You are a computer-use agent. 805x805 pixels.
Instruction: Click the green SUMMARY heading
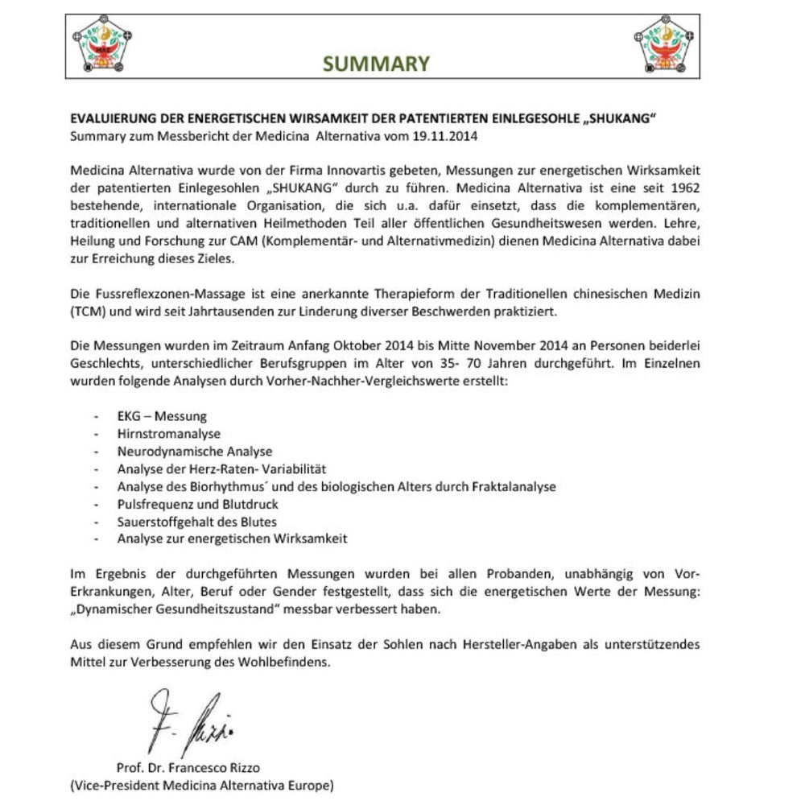click(x=377, y=64)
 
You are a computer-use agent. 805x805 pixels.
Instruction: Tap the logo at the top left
click(x=101, y=45)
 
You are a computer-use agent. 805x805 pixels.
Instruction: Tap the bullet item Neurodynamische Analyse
click(x=194, y=452)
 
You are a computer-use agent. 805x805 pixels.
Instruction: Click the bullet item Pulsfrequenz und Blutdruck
click(x=197, y=505)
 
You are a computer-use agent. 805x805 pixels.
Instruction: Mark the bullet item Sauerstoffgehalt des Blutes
click(x=196, y=522)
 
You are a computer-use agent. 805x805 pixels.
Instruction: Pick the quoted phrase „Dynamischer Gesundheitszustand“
click(x=179, y=609)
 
